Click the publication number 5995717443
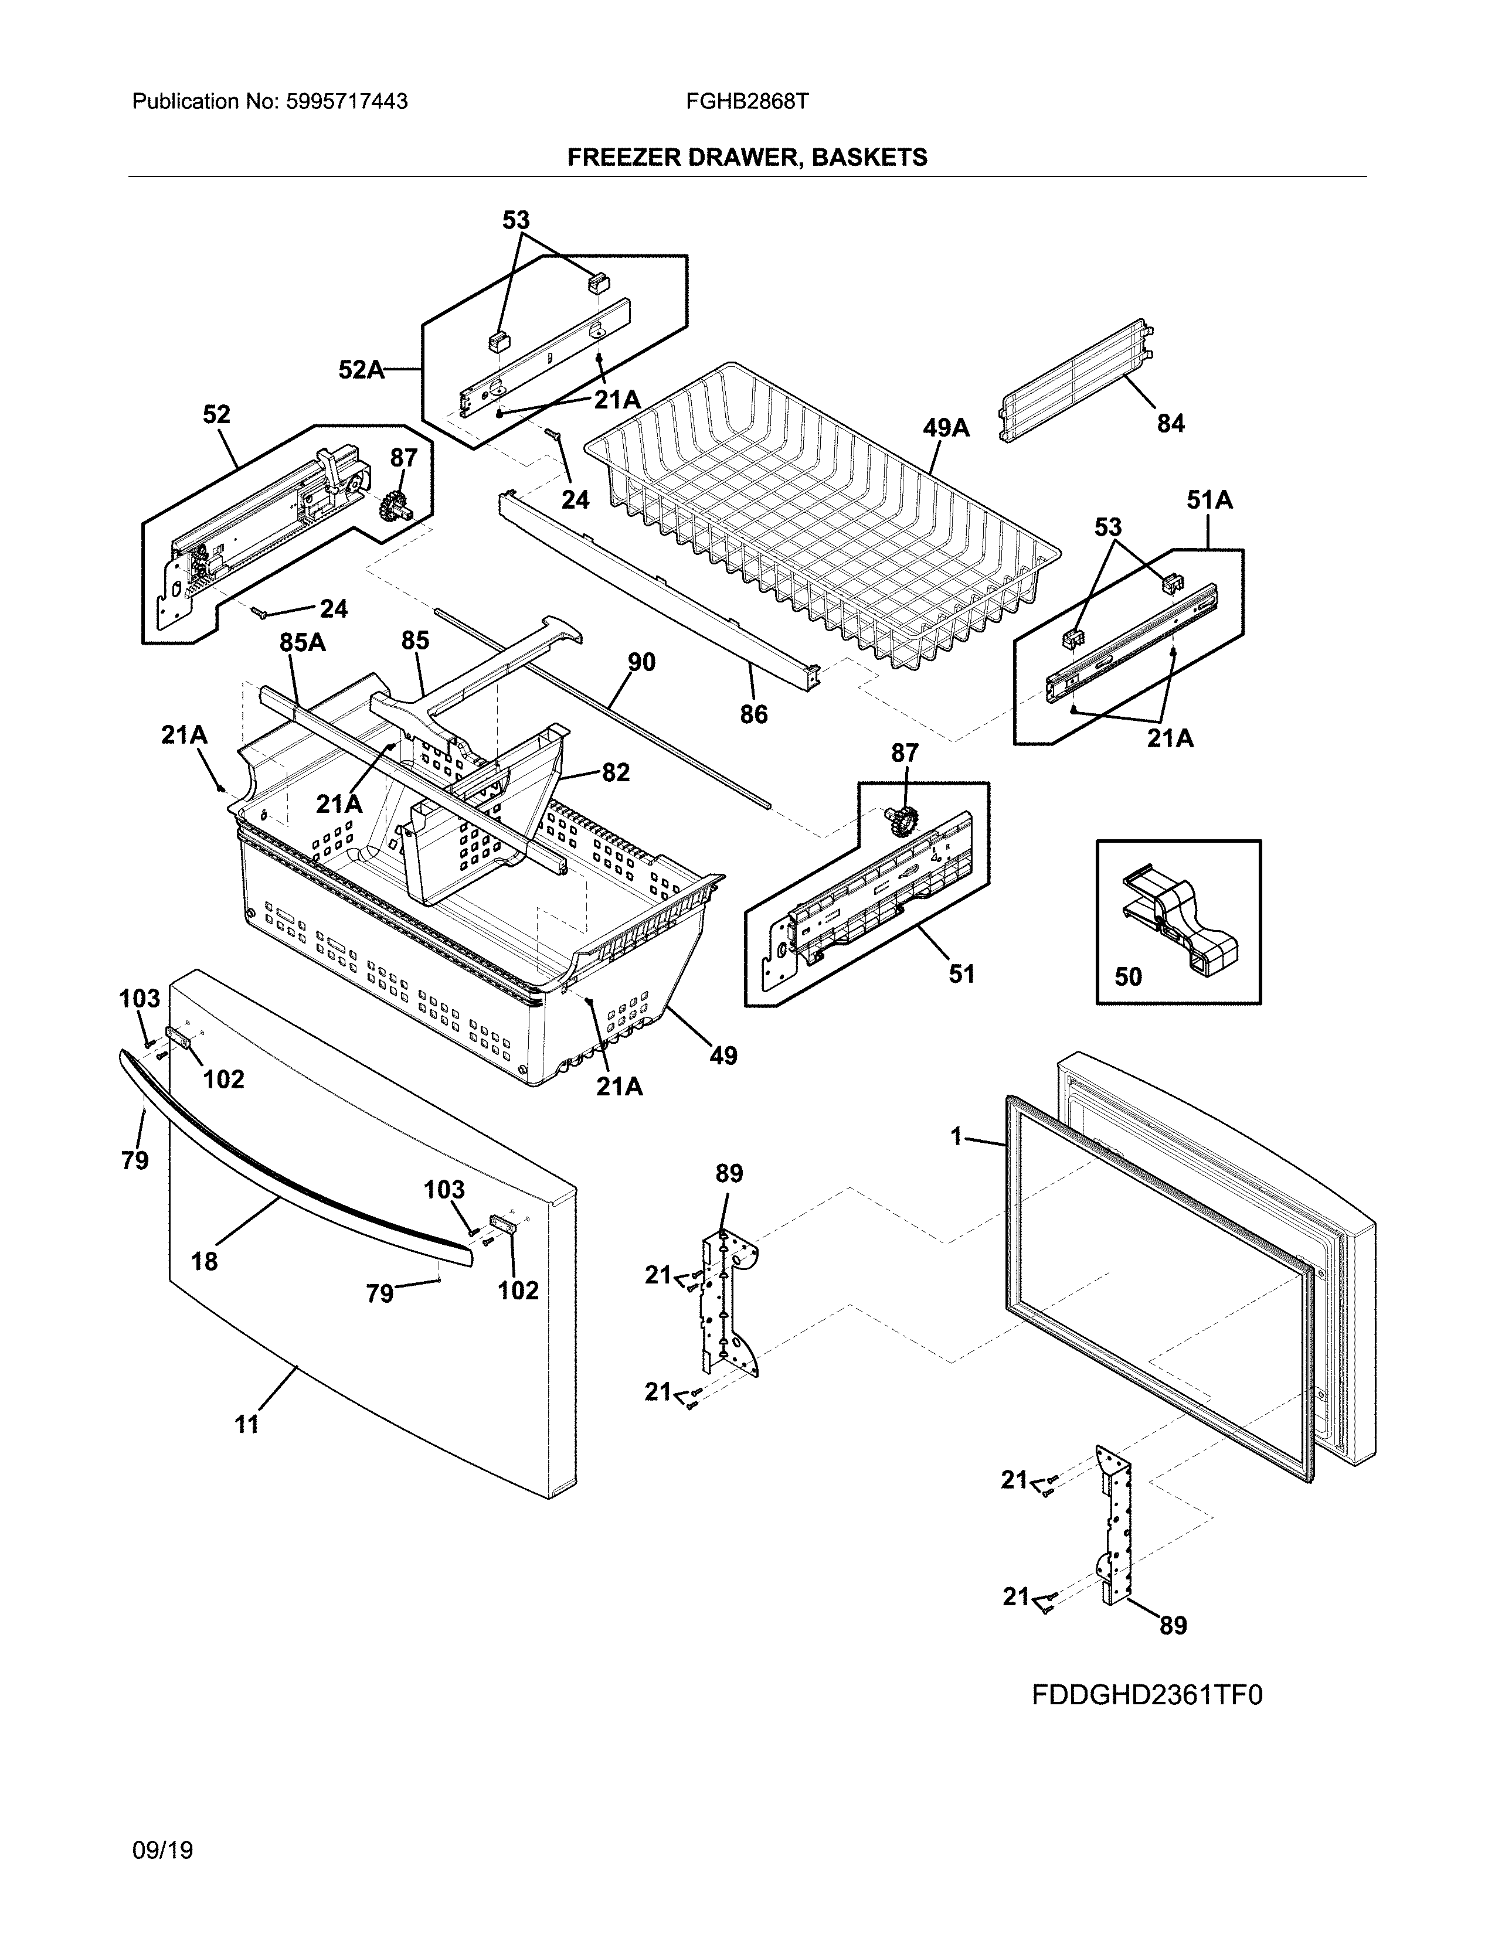pos(346,102)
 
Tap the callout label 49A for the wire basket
pos(946,428)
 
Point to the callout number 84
pos(1170,424)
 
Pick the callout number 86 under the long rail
pos(754,714)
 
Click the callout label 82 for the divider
pos(616,772)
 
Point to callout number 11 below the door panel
pos(246,1424)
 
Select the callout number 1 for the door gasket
pos(956,1136)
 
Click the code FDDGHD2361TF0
pos(1147,1695)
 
